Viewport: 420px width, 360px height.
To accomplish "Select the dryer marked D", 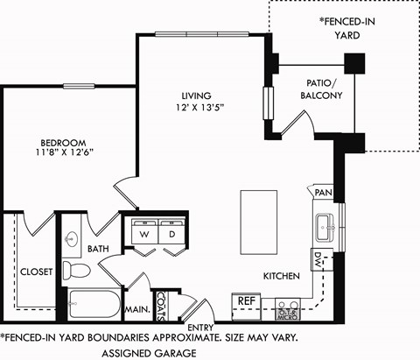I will [x=171, y=235].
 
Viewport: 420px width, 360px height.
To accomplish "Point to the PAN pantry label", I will [x=323, y=192].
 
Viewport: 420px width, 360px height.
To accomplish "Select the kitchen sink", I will [x=323, y=222].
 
